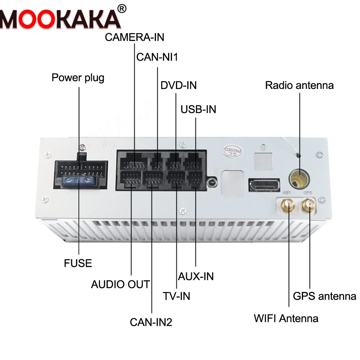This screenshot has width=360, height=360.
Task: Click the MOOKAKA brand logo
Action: pyautogui.click(x=59, y=18)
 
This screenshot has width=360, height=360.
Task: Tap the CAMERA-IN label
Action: pyautogui.click(x=134, y=37)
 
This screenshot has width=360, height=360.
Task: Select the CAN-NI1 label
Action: pyautogui.click(x=157, y=57)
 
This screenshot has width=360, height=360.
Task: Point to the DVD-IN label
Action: pyautogui.click(x=179, y=86)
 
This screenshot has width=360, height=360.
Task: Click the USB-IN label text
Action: pyautogui.click(x=198, y=109)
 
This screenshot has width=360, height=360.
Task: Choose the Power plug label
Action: pyautogui.click(x=78, y=77)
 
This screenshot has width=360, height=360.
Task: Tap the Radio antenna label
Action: pyautogui.click(x=299, y=85)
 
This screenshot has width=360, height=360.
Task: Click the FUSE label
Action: pyautogui.click(x=78, y=263)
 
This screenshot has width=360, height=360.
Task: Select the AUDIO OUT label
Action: pyautogui.click(x=120, y=284)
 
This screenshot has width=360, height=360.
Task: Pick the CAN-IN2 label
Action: pyautogui.click(x=151, y=322)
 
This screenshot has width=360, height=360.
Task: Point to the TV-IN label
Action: pyautogui.click(x=176, y=296)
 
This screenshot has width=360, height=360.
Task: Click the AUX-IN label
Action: pyautogui.click(x=196, y=276)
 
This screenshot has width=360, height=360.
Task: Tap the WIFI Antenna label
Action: pyautogui.click(x=286, y=318)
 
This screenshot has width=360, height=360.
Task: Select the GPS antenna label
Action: pyautogui.click(x=324, y=296)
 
